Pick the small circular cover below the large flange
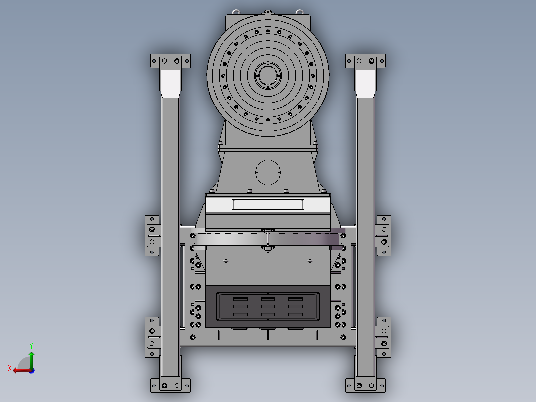coord(268,172)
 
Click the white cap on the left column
coord(171,83)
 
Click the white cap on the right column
coord(365,83)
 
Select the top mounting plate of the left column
coord(171,61)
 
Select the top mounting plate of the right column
coord(365,61)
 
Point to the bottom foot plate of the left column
coord(171,385)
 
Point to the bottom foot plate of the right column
coord(365,385)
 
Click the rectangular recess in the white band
coord(268,204)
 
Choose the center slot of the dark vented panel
coord(268,306)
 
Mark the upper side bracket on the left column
coord(152,236)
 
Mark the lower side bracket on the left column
coord(152,337)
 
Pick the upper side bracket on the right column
coord(383,236)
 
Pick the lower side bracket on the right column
coord(383,337)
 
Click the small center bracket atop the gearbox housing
coord(268,12)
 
